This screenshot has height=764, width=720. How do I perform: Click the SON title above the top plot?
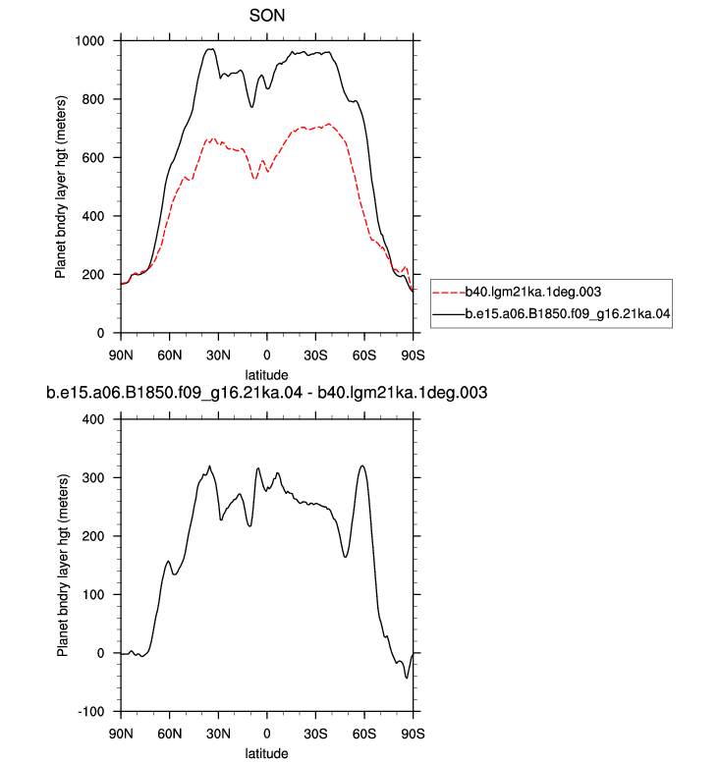pyautogui.click(x=266, y=16)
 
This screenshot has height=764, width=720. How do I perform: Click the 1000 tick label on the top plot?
pyautogui.click(x=89, y=41)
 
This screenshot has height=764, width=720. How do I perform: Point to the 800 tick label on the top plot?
pyautogui.click(x=93, y=99)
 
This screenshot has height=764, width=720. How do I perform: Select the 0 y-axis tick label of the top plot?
pyautogui.click(x=100, y=333)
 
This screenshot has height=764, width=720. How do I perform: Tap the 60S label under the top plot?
pyautogui.click(x=364, y=355)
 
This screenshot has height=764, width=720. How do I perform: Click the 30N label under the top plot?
pyautogui.click(x=218, y=355)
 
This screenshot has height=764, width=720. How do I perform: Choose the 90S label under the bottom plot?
pyautogui.click(x=413, y=734)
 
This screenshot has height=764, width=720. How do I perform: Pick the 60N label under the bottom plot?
pyautogui.click(x=169, y=734)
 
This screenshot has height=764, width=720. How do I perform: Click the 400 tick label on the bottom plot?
pyautogui.click(x=93, y=419)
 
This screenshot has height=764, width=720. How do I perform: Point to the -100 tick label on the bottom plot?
pyautogui.click(x=91, y=712)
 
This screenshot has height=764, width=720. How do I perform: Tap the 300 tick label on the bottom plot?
pyautogui.click(x=93, y=478)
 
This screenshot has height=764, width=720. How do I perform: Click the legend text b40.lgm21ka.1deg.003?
pyautogui.click(x=532, y=292)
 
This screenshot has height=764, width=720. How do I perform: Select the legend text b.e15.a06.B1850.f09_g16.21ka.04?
pyautogui.click(x=568, y=314)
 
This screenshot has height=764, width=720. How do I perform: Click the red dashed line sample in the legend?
pyautogui.click(x=449, y=293)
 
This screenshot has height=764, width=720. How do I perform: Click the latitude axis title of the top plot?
pyautogui.click(x=266, y=375)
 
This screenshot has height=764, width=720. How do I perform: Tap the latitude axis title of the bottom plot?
pyautogui.click(x=266, y=753)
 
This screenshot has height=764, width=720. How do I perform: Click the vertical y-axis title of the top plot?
pyautogui.click(x=61, y=188)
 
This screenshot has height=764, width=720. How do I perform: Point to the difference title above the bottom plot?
pyautogui.click(x=266, y=393)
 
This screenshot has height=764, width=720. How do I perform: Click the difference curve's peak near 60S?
pyautogui.click(x=362, y=465)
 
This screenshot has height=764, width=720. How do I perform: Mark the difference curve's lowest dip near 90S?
pyautogui.click(x=407, y=678)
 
